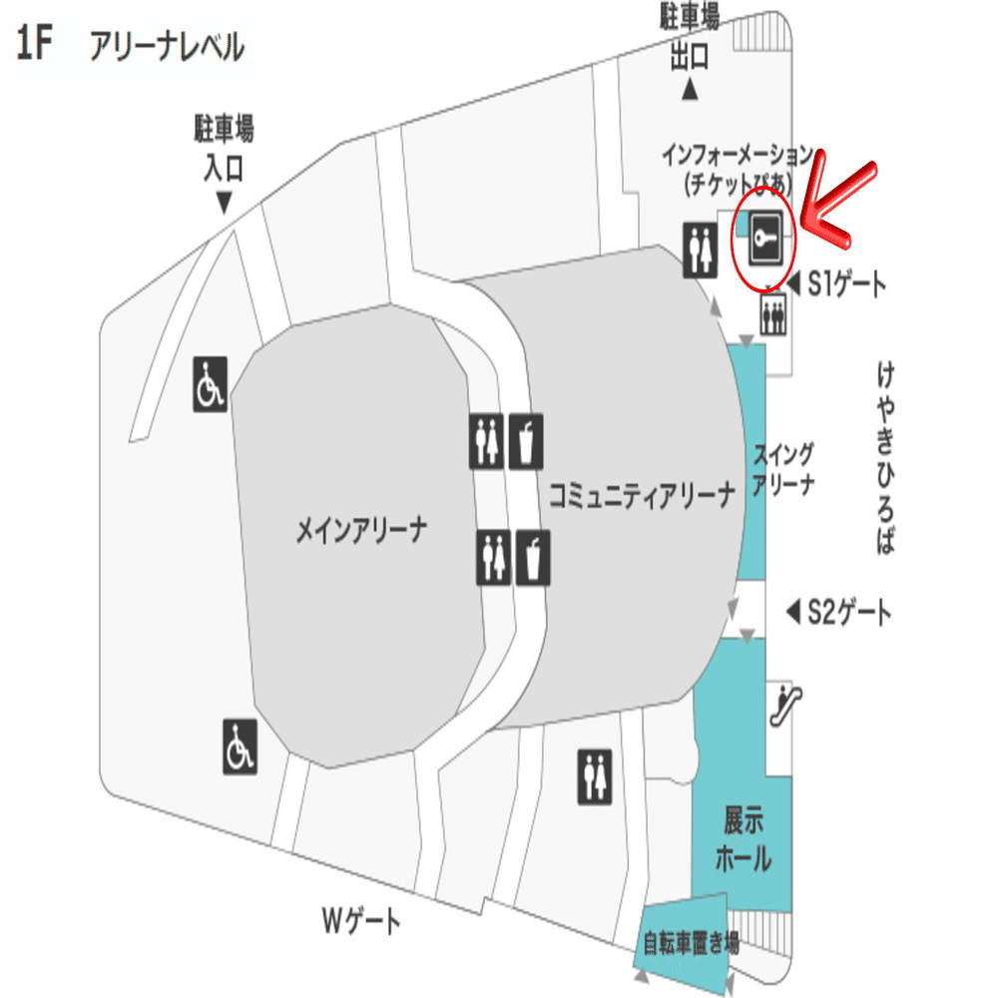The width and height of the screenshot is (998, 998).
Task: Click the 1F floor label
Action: pos(33,46)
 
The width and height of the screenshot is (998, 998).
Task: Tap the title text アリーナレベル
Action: pos(166,47)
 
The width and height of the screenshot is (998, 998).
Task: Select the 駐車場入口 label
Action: pos(224,148)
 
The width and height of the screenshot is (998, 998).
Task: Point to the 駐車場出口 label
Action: pos(689,37)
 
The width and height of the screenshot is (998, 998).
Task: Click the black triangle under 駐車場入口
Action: pos(224,203)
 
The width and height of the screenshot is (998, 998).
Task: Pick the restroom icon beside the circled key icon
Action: pos(699,249)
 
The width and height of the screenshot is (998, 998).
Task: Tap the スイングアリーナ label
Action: pos(782,469)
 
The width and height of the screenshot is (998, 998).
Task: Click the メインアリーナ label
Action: pos(361,530)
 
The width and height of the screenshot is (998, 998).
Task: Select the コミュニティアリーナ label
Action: pos(641,493)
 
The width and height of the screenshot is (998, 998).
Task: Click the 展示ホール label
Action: pos(744,839)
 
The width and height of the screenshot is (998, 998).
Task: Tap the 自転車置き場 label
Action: pos(690,943)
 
